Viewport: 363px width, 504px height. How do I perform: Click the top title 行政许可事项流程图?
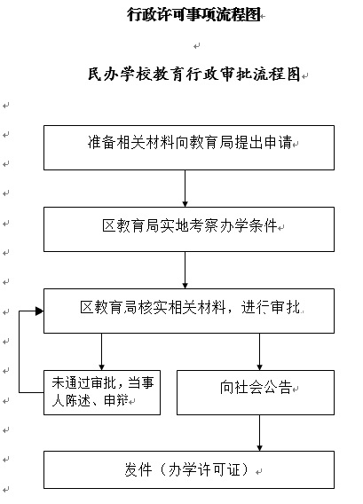[193, 14]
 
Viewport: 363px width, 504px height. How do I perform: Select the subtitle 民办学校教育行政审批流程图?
[194, 75]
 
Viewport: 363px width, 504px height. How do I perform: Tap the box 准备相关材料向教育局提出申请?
[189, 147]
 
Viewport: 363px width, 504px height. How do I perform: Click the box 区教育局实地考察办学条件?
[189, 229]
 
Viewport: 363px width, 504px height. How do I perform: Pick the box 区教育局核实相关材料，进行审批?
[189, 311]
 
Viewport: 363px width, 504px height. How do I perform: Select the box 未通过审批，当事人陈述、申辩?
[102, 392]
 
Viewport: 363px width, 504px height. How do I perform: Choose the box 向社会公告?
[256, 392]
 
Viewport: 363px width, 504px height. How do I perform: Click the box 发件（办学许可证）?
[189, 469]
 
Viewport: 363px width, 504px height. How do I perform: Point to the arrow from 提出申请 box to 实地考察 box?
[185, 188]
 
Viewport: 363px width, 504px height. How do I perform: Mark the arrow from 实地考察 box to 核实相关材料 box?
[185, 270]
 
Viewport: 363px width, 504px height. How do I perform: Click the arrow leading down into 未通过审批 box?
[101, 351]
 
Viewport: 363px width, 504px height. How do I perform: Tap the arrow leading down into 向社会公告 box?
[259, 351]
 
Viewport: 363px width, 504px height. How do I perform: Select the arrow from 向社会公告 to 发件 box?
[259, 433]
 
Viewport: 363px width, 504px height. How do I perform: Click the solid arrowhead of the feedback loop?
[40, 311]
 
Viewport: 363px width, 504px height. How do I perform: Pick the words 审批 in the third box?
[285, 307]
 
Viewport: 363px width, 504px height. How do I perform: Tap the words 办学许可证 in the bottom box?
[203, 469]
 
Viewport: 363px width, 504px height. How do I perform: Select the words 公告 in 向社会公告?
[278, 387]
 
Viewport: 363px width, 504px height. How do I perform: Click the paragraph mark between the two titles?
[197, 46]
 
